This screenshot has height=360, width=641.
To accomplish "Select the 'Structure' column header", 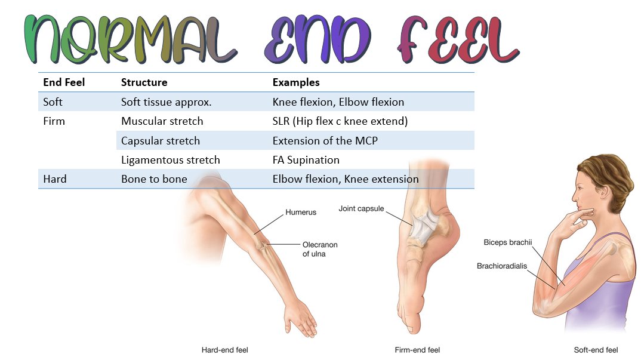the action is click(x=144, y=82).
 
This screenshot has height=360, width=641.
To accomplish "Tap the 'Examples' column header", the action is click(x=296, y=82).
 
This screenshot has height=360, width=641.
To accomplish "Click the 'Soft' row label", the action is click(x=53, y=102).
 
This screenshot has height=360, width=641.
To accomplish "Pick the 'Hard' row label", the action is click(x=54, y=179).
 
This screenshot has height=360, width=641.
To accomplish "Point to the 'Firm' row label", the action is click(x=54, y=121).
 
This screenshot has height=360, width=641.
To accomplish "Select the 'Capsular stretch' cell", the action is click(x=161, y=141).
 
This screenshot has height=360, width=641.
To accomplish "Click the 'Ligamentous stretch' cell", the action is click(x=170, y=160).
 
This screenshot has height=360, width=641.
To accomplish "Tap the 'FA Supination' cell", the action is click(x=306, y=160).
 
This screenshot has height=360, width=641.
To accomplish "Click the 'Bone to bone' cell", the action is click(x=154, y=179).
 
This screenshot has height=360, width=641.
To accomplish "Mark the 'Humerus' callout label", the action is click(x=301, y=212).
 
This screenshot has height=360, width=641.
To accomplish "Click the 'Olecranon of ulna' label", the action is click(x=319, y=249).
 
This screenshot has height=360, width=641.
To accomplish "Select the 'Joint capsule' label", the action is click(x=361, y=209).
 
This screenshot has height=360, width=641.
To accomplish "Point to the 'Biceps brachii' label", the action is click(x=507, y=242).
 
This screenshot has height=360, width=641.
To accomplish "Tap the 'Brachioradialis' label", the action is click(x=502, y=266).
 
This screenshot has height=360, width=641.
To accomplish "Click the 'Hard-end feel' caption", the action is click(x=224, y=350).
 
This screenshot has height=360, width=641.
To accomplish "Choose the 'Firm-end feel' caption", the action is click(x=417, y=350).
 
